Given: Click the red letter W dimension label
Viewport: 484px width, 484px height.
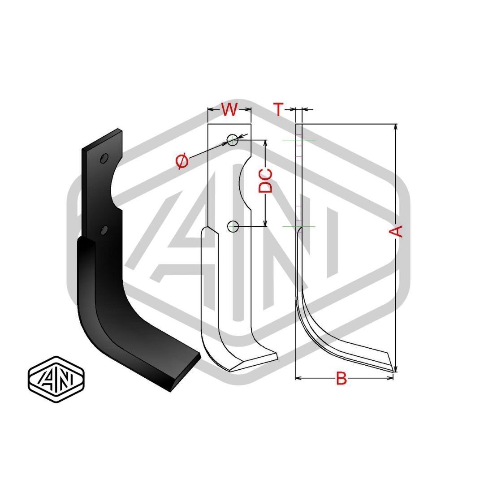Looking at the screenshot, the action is [x=229, y=109].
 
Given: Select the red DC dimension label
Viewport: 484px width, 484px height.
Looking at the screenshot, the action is [x=265, y=181].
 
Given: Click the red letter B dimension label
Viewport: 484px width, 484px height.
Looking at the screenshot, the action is [x=341, y=378].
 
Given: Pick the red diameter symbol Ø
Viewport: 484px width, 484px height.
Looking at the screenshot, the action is [x=182, y=161].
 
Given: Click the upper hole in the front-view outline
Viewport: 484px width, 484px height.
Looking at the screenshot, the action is [x=233, y=140].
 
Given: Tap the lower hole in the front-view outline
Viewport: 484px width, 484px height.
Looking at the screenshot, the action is [x=233, y=226].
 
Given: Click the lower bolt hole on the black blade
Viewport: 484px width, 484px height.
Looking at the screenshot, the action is [x=104, y=229].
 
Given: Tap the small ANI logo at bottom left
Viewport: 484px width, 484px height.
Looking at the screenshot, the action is [x=56, y=380].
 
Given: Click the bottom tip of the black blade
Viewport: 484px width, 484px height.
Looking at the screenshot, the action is [x=171, y=391].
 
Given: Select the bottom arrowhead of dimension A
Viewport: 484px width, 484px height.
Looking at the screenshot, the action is [x=396, y=368].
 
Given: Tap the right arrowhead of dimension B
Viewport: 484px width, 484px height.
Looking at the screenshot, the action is [x=390, y=378].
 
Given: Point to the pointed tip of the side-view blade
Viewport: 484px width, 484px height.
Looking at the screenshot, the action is [x=393, y=372].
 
